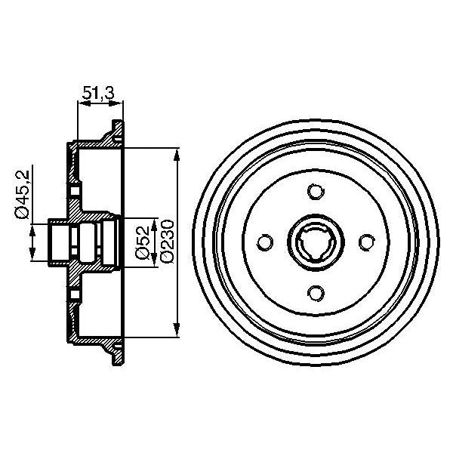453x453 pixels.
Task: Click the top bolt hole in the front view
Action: coord(316,191)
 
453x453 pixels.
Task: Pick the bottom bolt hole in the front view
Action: coord(316,292)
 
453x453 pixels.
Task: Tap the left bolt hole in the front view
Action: coord(265,242)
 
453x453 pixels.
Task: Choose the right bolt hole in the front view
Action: coord(366,242)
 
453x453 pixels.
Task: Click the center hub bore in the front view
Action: coord(316,242)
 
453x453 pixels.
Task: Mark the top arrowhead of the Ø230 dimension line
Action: coord(177,153)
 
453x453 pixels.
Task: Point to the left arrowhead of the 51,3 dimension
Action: coord(81,103)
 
